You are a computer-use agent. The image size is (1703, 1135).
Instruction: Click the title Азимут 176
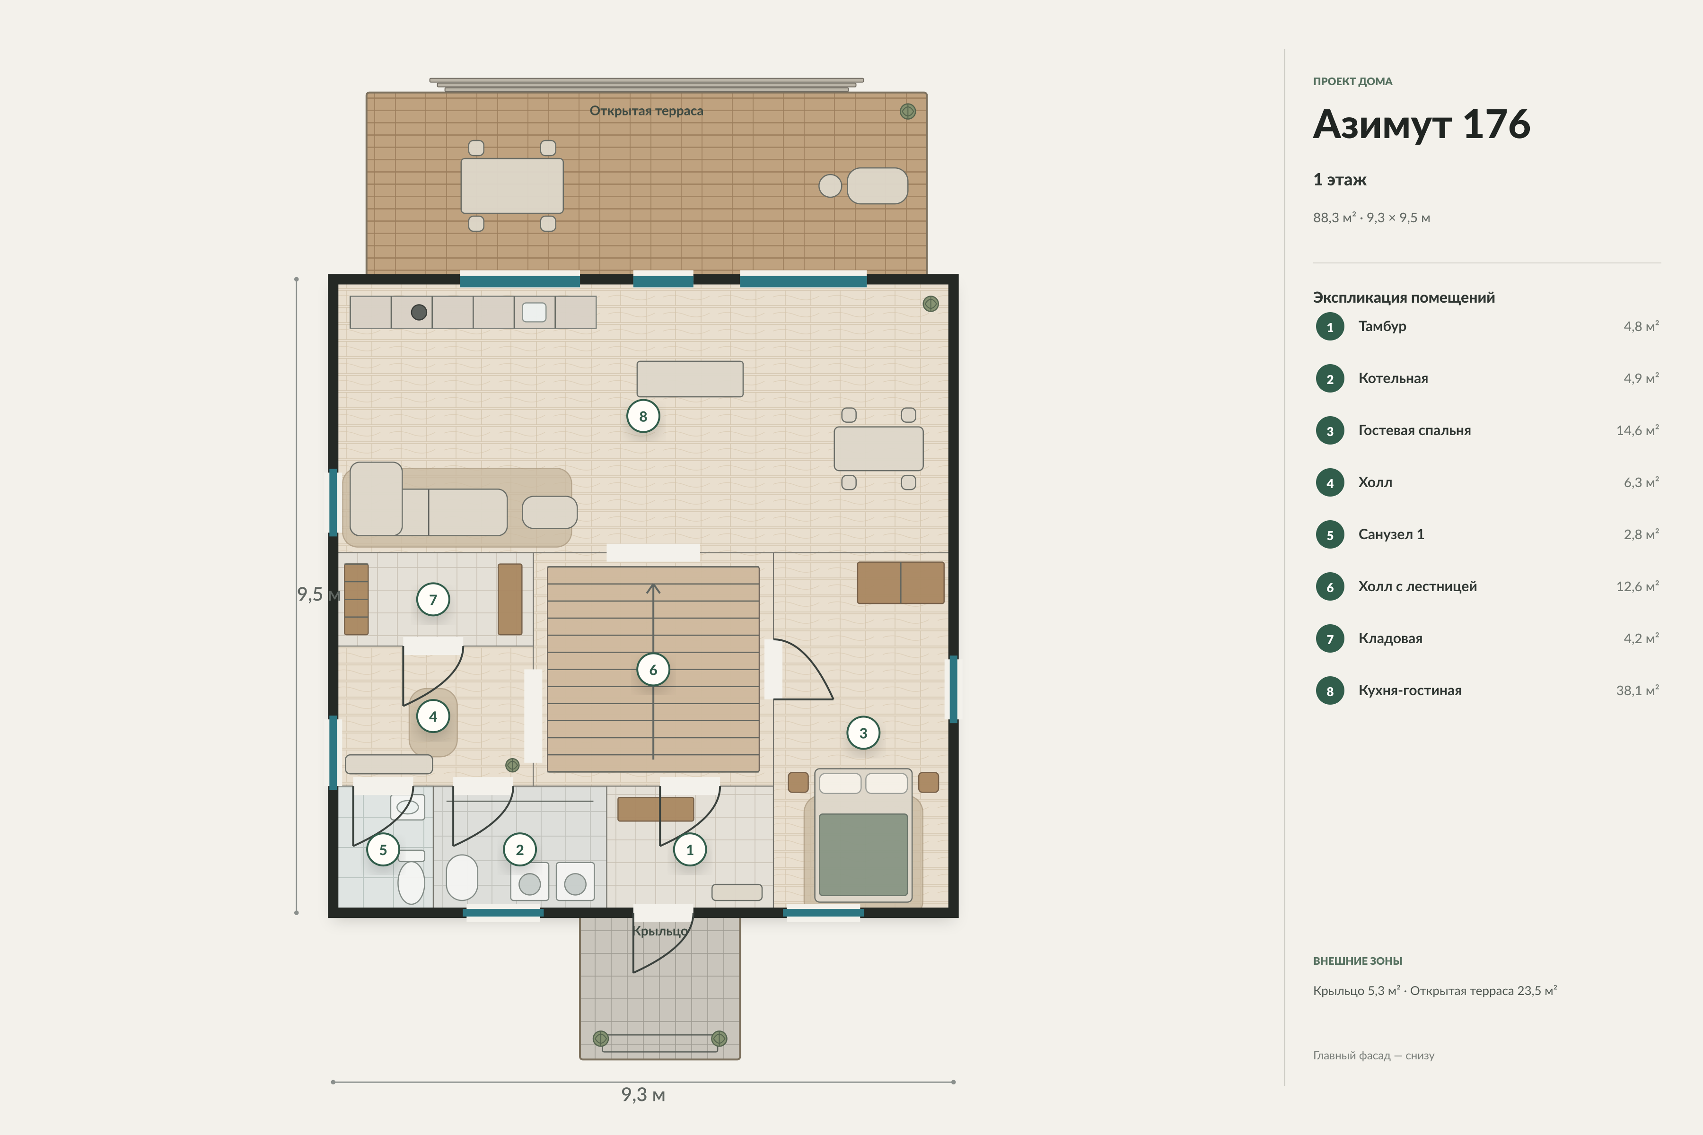click(1422, 124)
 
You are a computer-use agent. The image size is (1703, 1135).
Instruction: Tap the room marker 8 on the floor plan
click(643, 416)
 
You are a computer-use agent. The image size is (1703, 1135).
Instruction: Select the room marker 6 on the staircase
click(653, 670)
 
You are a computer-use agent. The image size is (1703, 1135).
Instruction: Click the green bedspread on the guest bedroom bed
click(863, 854)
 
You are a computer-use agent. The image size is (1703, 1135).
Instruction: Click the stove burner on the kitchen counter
click(419, 312)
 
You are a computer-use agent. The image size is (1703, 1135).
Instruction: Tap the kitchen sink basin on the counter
click(535, 312)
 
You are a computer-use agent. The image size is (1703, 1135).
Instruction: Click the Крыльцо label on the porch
click(660, 931)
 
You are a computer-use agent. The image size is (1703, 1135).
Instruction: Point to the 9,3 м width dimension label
click(643, 1094)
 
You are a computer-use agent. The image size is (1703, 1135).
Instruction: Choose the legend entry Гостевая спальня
click(1414, 431)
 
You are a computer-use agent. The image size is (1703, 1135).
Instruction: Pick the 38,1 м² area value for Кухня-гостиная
click(1637, 690)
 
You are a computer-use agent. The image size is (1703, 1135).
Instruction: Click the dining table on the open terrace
click(512, 185)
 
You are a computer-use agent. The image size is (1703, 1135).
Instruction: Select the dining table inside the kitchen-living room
click(878, 449)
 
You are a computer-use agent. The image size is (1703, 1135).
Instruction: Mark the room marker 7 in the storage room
click(433, 599)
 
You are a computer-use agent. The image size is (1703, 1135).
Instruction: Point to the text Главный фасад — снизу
click(1374, 1056)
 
